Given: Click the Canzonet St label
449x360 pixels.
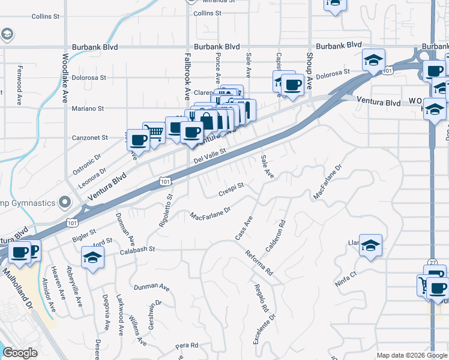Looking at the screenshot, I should click(x=88, y=137).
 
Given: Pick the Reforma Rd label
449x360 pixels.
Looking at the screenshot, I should click(x=259, y=262).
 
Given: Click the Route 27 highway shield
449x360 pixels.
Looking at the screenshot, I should click(x=433, y=263).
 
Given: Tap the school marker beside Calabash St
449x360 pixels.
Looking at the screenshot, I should click(x=92, y=259).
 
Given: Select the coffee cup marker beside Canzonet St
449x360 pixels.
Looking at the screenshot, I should click(x=137, y=140).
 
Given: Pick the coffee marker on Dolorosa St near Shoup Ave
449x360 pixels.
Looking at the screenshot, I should click(x=293, y=85).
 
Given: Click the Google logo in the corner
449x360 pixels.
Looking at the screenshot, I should click(x=21, y=353).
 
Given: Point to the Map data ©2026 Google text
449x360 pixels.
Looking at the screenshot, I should click(x=411, y=355).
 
